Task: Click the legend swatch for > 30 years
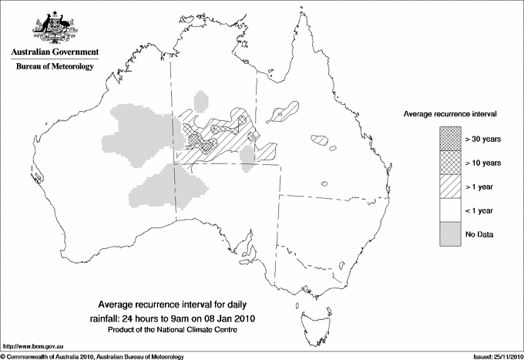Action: pyautogui.click(x=447, y=139)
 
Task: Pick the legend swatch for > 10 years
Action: pyautogui.click(x=447, y=163)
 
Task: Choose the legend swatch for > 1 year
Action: pyautogui.click(x=447, y=186)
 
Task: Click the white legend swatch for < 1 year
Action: pyautogui.click(x=447, y=210)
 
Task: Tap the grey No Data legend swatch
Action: pyautogui.click(x=447, y=234)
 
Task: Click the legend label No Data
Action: pyautogui.click(x=480, y=234)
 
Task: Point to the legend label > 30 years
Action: pyautogui.click(x=483, y=139)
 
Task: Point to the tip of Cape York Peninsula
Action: pyautogui.click(x=301, y=19)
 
